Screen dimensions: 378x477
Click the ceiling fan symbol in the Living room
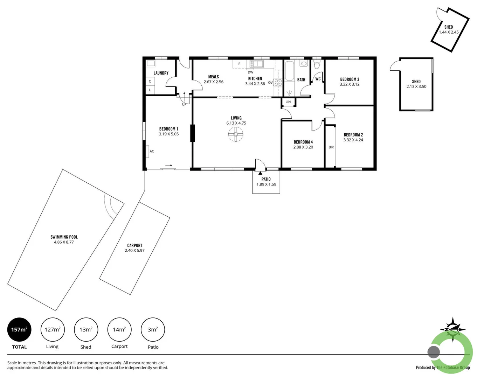point(236,134)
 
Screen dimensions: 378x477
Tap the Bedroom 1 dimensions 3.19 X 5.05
point(169,134)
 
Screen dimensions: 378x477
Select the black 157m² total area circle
point(19,329)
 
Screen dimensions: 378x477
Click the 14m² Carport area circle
point(119,329)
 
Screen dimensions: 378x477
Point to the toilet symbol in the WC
point(317,65)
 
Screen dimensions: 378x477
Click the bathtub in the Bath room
point(289,71)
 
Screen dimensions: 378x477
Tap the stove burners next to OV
point(278,83)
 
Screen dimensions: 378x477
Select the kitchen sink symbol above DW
point(256,64)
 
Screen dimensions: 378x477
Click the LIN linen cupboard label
point(288,102)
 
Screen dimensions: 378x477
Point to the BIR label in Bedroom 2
point(331,147)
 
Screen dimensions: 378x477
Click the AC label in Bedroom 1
point(152,151)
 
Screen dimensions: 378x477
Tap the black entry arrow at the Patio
point(260,173)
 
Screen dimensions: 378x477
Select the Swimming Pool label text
point(64,237)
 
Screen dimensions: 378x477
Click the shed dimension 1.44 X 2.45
point(449,32)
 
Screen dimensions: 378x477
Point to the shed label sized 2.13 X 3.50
point(416,82)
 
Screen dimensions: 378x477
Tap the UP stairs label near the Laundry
point(184,104)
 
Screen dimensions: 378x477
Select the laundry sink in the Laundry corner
point(151,64)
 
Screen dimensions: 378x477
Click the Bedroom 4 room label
point(303,142)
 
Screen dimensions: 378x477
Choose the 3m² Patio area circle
point(153,329)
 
